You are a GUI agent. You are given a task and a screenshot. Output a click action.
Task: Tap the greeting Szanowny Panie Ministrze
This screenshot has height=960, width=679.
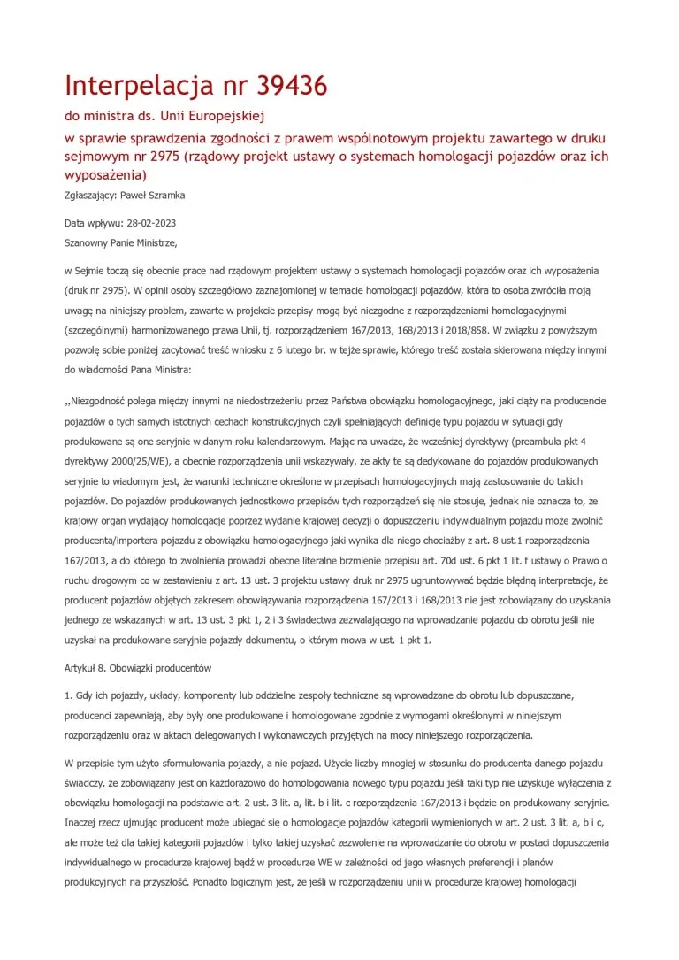coord(121,242)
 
